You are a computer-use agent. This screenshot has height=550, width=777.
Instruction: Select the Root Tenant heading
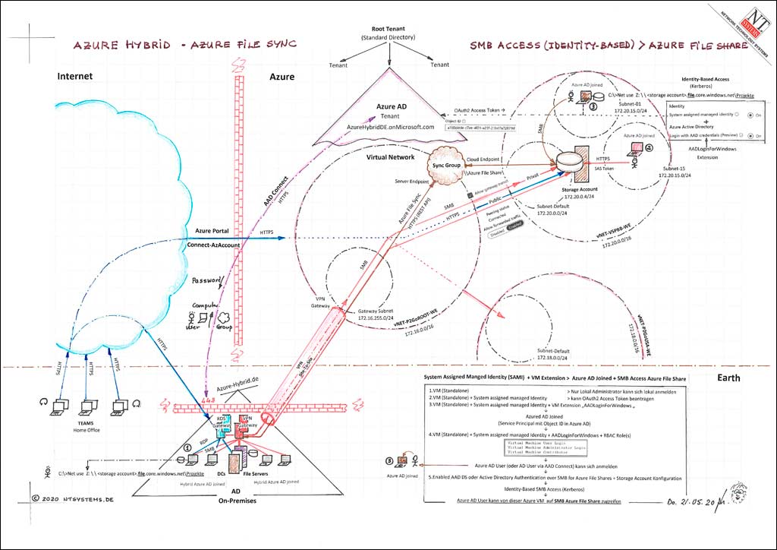pyautogui.click(x=390, y=28)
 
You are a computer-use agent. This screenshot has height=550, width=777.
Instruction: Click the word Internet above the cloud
pyautogui.click(x=75, y=76)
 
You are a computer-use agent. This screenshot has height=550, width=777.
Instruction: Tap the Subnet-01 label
pyautogui.click(x=631, y=103)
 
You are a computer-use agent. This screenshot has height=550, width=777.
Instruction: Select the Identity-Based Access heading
pyautogui.click(x=706, y=79)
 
